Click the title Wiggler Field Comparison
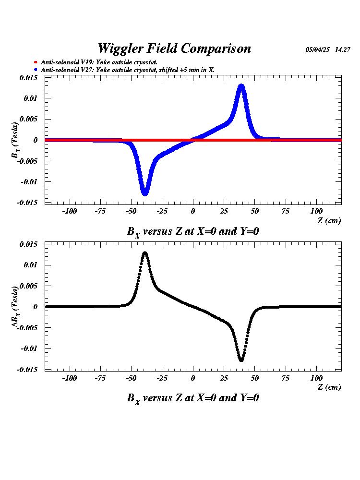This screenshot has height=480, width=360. coord(174,48)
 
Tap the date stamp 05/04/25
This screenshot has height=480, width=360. coord(318,50)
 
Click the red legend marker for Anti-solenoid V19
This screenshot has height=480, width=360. coord(35,62)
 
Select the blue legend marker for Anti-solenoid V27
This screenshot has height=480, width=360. coord(35,70)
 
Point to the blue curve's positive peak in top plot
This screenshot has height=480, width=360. coord(241,86)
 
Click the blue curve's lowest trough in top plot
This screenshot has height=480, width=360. coord(144,193)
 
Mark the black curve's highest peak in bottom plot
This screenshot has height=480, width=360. coord(144,253)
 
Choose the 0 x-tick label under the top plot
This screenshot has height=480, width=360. coord(193,211)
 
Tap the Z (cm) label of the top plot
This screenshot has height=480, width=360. coord(329,220)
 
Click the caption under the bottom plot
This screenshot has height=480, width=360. coord(193,398)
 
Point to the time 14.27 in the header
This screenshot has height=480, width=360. coord(343,50)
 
